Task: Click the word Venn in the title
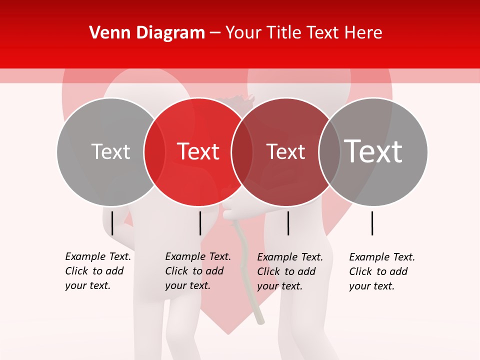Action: pyautogui.click(x=106, y=33)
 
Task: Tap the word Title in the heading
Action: pyautogui.click(x=285, y=33)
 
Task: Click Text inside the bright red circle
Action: pyautogui.click(x=198, y=151)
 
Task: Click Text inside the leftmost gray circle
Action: pyautogui.click(x=110, y=151)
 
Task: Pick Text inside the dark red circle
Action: pyautogui.click(x=285, y=151)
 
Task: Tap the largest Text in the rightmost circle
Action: pyautogui.click(x=373, y=151)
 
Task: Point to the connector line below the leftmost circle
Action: pyautogui.click(x=112, y=223)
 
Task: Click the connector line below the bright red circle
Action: pyautogui.click(x=200, y=223)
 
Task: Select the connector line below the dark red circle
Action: pyautogui.click(x=288, y=223)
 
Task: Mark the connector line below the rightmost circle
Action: pyautogui.click(x=372, y=223)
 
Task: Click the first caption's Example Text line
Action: pyautogui.click(x=98, y=256)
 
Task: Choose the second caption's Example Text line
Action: pyautogui.click(x=198, y=256)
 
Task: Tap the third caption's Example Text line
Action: pyautogui.click(x=290, y=257)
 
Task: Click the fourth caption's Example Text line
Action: pyautogui.click(x=382, y=257)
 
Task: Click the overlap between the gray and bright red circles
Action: pyautogui.click(x=154, y=152)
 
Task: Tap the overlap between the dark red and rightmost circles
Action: pyautogui.click(x=329, y=152)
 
